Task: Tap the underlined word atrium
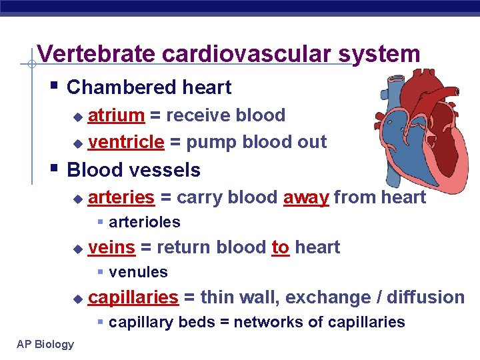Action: coord(116,115)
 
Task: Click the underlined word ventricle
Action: coord(126,142)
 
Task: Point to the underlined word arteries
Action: coord(121,197)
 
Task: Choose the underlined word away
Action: coord(306,197)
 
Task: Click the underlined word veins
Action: coord(111,247)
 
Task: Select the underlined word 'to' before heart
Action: coord(280,247)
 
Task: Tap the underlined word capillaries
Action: coord(133,297)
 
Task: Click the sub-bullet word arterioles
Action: coord(145,222)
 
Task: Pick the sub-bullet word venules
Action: coord(138,272)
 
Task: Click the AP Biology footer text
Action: coord(46,344)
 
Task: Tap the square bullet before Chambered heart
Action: coord(54,87)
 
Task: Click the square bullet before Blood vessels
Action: coord(54,169)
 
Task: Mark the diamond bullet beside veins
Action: coord(77,249)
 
